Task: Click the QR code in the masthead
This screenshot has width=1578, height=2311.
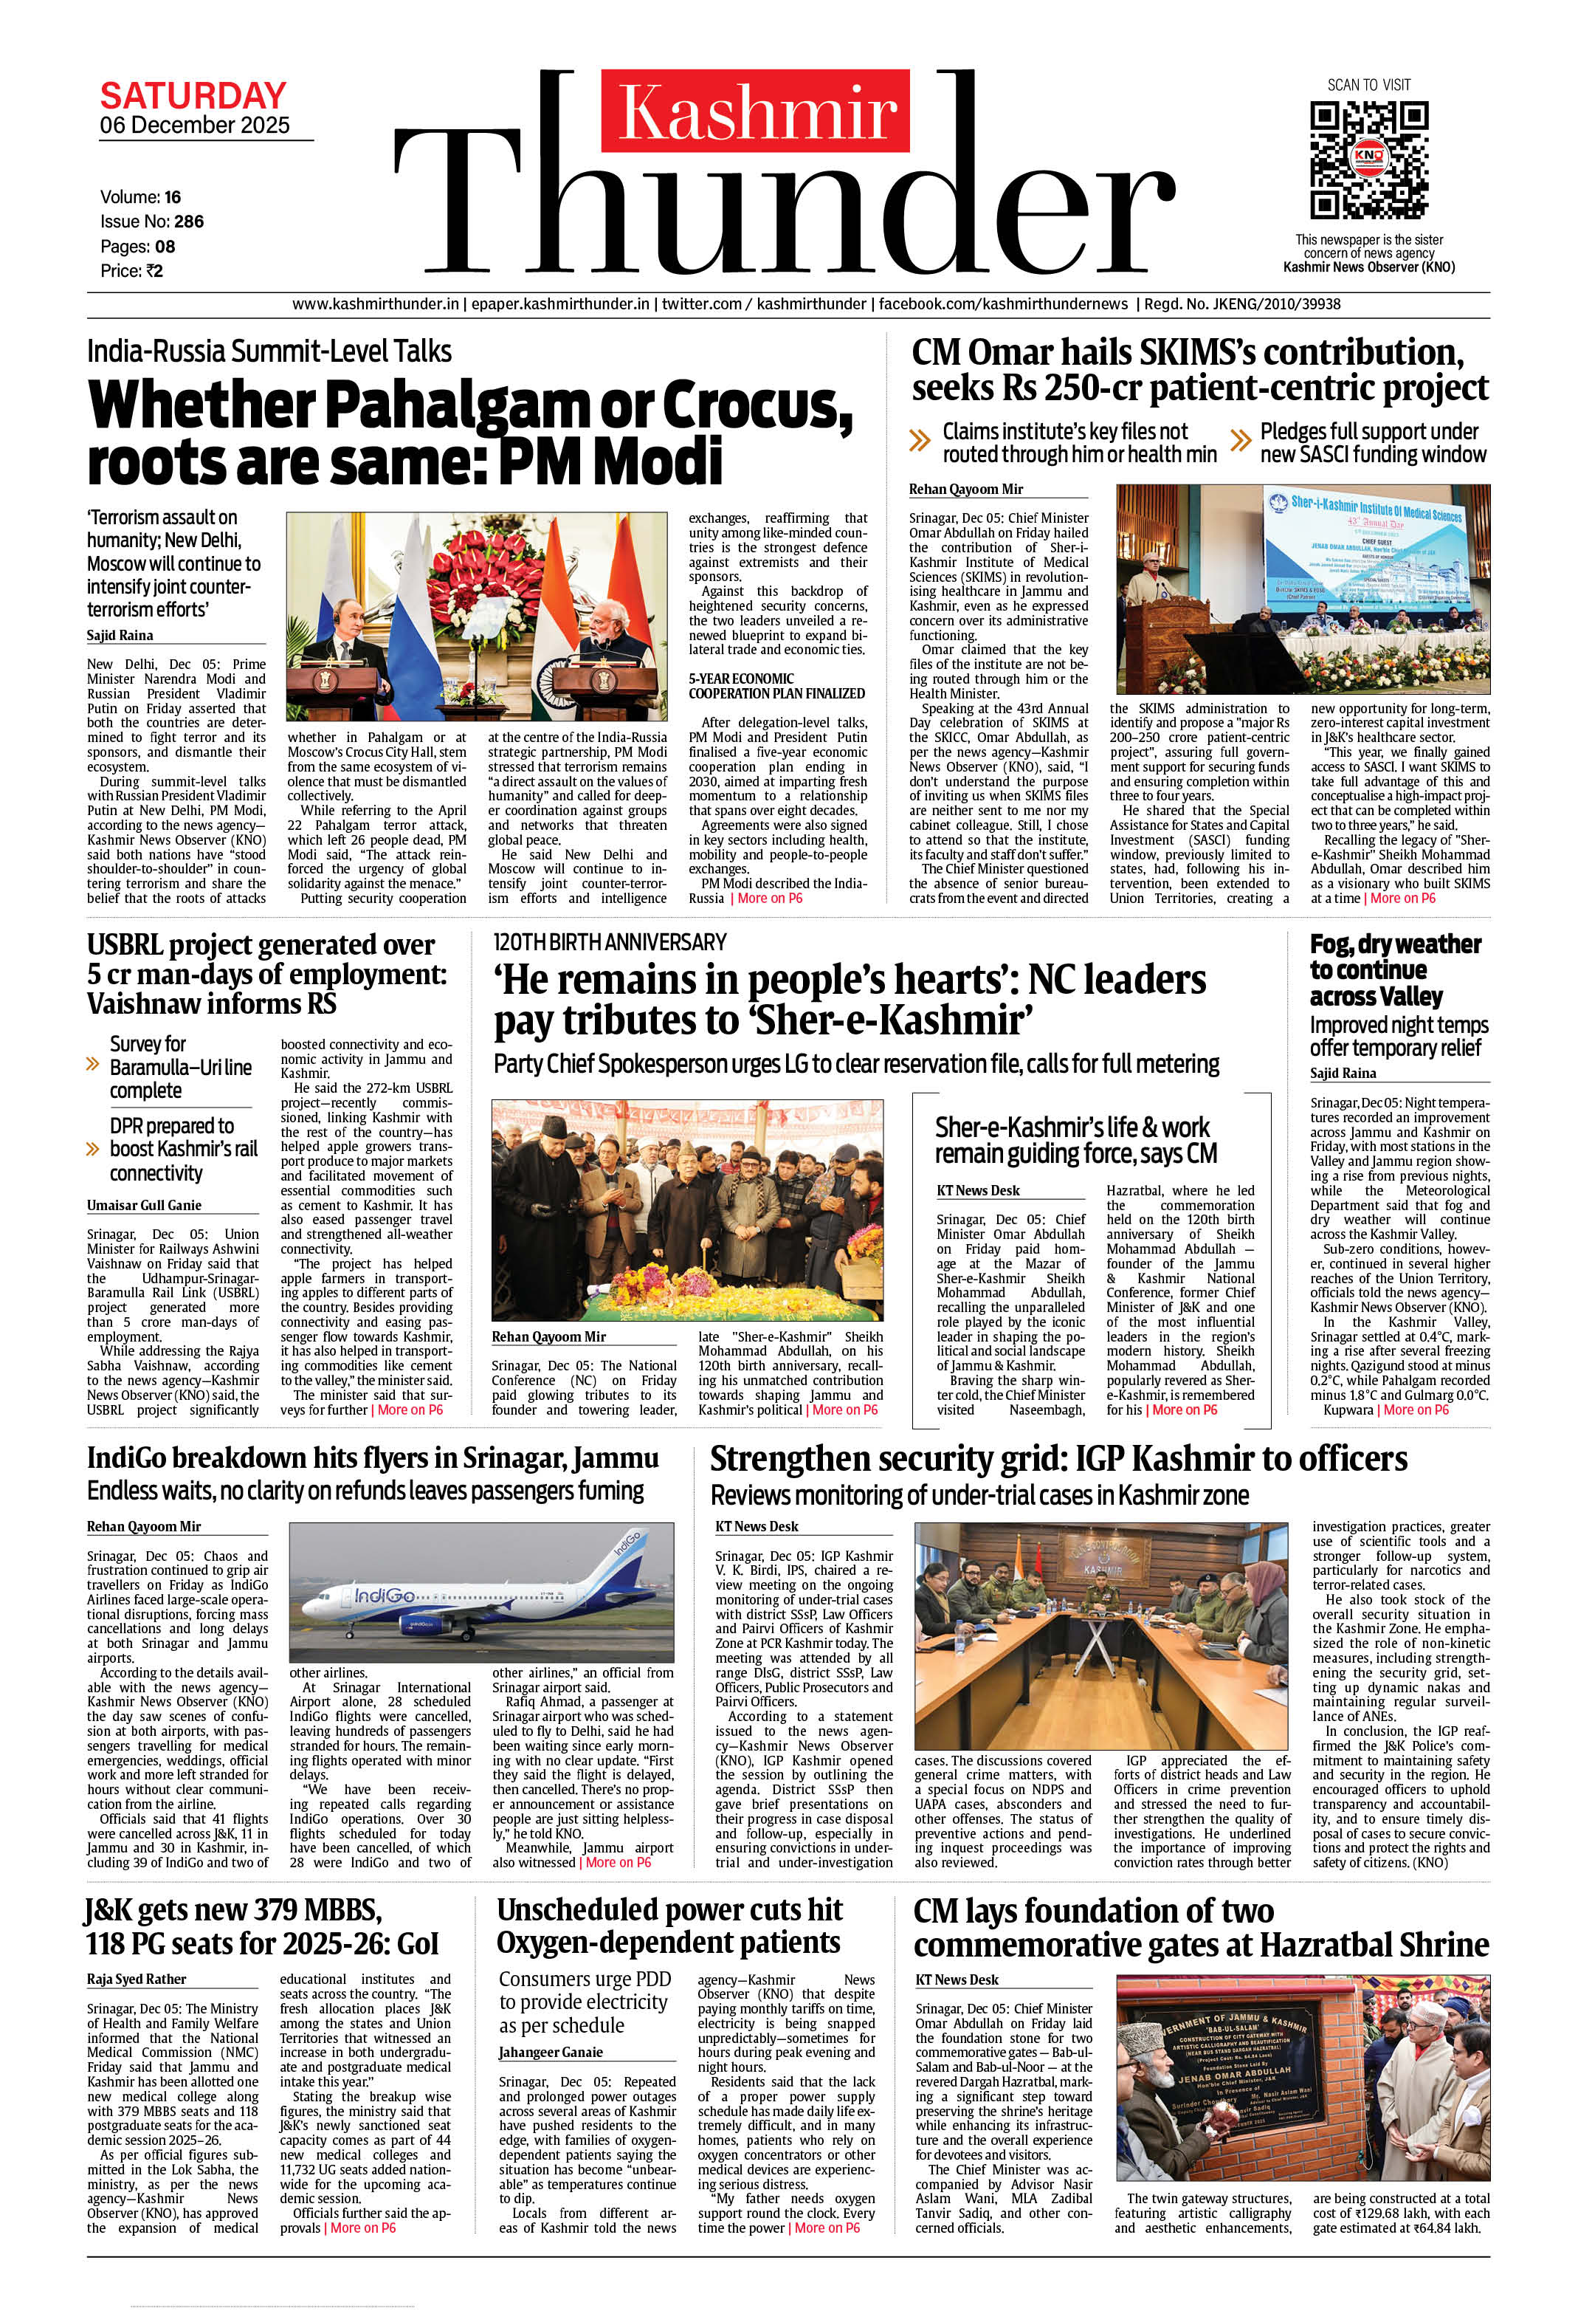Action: coord(1368,161)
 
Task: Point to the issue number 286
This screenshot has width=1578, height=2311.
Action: coord(189,222)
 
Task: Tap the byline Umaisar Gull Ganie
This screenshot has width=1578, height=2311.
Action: coord(144,1205)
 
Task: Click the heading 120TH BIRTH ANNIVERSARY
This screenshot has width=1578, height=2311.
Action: coord(610,941)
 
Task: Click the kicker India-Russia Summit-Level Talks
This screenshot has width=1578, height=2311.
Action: coord(269,351)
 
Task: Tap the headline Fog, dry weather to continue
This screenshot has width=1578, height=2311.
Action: coord(1395,969)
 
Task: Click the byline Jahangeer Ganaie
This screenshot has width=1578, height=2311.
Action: coord(550,2051)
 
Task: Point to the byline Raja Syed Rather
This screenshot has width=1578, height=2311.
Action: coord(137,1979)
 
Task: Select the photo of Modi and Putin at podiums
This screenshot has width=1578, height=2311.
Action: coord(476,617)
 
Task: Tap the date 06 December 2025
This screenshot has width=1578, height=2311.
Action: coord(195,126)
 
